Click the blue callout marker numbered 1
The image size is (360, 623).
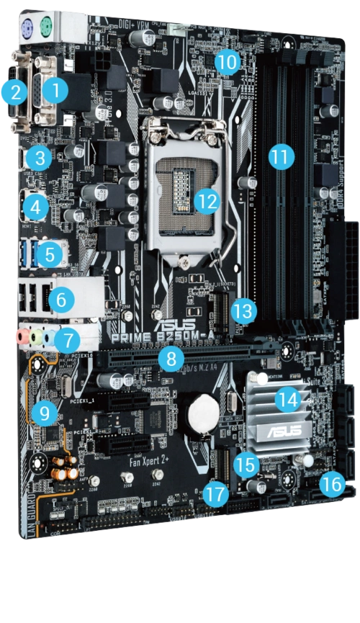55,90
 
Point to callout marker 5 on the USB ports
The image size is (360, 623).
50,254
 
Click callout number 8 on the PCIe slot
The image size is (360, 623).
171,357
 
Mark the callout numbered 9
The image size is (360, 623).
45,413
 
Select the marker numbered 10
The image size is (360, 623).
228,62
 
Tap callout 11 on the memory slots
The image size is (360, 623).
282,156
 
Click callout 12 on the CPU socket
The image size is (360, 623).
207,201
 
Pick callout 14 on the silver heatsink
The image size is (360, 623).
289,400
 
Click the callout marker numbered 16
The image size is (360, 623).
332,483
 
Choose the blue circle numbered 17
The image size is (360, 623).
215,494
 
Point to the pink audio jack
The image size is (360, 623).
22,336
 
